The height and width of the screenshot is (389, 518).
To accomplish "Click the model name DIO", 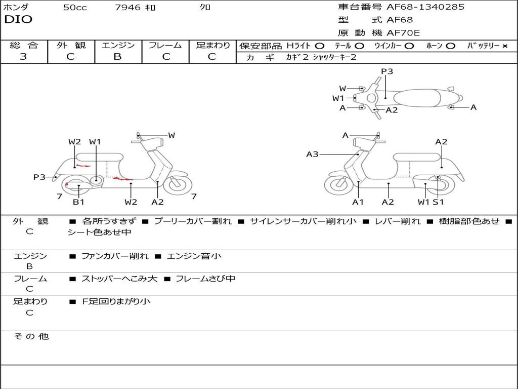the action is pyautogui.click(x=18, y=20).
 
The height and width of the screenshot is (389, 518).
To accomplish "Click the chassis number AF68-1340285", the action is pyautogui.click(x=425, y=7).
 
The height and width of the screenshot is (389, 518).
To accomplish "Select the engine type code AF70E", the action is pyautogui.click(x=403, y=33).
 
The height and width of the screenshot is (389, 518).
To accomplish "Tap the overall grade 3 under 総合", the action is pyautogui.click(x=23, y=57).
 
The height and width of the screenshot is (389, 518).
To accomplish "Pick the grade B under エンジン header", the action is pyautogui.click(x=117, y=57).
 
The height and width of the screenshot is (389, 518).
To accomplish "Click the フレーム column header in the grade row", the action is pyautogui.click(x=165, y=45).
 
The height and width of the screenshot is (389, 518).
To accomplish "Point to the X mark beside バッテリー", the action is pyautogui.click(x=505, y=46).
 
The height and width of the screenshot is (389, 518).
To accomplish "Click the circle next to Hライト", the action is pyautogui.click(x=320, y=46).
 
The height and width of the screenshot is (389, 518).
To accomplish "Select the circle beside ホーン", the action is pyautogui.click(x=450, y=46).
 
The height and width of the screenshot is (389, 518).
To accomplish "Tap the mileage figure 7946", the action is pyautogui.click(x=127, y=7).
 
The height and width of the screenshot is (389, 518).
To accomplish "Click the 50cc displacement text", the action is pyautogui.click(x=75, y=7).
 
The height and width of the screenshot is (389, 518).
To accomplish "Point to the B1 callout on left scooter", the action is pyautogui.click(x=78, y=202).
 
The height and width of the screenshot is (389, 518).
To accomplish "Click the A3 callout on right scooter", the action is pyautogui.click(x=312, y=154).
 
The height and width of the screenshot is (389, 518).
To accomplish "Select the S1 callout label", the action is pyautogui.click(x=439, y=202).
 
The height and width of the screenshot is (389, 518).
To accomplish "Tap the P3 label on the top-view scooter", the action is pyautogui.click(x=387, y=71).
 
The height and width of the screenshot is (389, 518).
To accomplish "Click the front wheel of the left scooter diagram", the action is pyautogui.click(x=178, y=184).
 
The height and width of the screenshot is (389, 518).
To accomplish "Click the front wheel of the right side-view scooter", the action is pyautogui.click(x=338, y=184).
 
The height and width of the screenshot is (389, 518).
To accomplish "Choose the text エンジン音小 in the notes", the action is pyautogui.click(x=194, y=256).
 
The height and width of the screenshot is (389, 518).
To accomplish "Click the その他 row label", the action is pyautogui.click(x=31, y=336).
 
